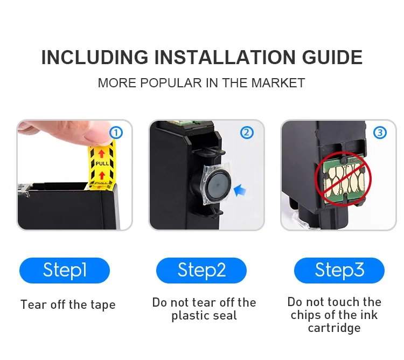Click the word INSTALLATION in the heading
[x=225, y=57]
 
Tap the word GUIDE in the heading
[x=332, y=57]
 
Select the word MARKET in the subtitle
[x=278, y=83]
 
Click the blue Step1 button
[x=65, y=271]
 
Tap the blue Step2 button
[x=201, y=271]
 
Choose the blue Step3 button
[x=339, y=271]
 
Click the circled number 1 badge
[x=116, y=133]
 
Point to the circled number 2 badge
[x=247, y=133]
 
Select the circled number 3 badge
[x=380, y=133]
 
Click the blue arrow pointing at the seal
[x=240, y=190]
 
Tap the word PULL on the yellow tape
[x=102, y=164]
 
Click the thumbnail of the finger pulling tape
[x=74, y=175]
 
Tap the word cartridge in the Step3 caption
[x=334, y=328]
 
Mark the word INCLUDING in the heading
[x=95, y=57]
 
